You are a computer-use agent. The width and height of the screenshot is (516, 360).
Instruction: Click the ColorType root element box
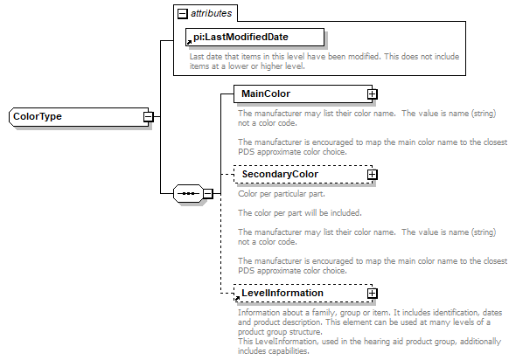pos(75,116)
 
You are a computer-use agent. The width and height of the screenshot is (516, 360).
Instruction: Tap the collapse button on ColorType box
pos(149,116)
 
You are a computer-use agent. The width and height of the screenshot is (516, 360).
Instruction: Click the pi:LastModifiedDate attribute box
pos(254,37)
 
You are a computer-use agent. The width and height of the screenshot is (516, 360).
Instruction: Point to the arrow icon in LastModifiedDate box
pos(190,41)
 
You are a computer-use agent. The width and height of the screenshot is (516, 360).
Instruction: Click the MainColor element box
pos(297,93)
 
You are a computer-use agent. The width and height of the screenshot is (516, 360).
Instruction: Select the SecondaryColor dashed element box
pos(297,174)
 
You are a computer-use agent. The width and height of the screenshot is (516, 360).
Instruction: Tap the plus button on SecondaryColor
pos(372,174)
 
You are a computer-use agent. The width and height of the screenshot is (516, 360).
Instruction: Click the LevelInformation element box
pos(297,293)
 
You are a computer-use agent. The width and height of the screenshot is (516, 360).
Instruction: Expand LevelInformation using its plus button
pos(372,293)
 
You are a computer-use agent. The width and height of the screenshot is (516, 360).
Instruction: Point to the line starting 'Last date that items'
pos(324,56)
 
